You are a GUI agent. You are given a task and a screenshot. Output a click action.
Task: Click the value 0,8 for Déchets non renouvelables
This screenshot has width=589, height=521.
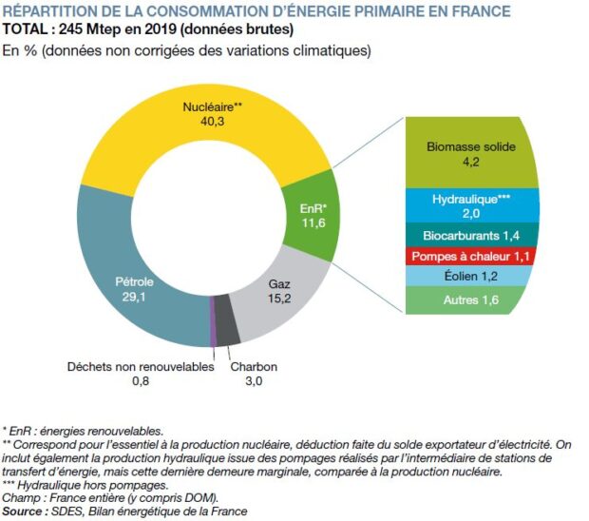141,382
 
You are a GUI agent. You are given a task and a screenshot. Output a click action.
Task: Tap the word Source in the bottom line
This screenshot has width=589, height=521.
27,511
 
